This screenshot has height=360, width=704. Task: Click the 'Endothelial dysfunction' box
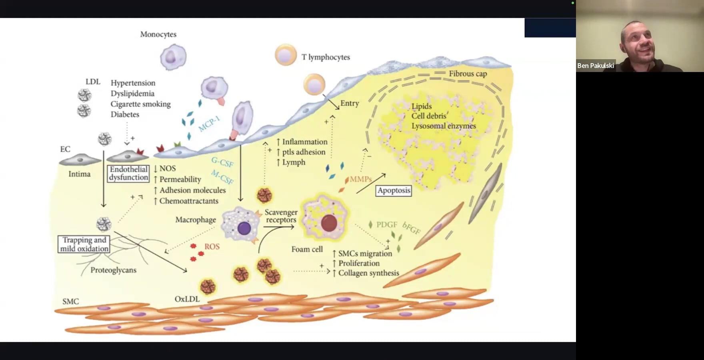click(128, 174)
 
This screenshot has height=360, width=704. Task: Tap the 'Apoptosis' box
click(394, 190)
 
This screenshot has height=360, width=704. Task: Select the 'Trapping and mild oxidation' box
click(84, 244)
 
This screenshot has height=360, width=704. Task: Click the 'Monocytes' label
click(158, 34)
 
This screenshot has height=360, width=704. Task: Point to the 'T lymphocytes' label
click(326, 57)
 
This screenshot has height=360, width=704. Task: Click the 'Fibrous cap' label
click(468, 74)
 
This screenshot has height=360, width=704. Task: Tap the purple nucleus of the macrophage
click(244, 228)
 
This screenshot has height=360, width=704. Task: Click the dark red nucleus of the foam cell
click(329, 224)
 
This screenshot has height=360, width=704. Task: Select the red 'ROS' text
click(212, 246)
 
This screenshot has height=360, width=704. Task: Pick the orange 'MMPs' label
click(361, 179)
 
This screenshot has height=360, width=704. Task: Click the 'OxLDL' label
click(187, 299)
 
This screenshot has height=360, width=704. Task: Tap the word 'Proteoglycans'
click(113, 270)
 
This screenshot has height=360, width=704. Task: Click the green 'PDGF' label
click(387, 225)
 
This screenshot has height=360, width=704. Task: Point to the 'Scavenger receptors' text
click(281, 216)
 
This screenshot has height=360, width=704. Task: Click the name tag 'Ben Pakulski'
click(595, 66)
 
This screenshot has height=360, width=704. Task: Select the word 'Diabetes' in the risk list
click(125, 114)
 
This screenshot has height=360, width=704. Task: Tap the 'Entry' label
click(350, 103)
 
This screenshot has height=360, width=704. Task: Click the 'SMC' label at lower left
click(70, 302)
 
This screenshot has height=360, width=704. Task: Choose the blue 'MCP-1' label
click(209, 124)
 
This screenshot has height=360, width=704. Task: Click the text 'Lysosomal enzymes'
click(444, 126)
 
